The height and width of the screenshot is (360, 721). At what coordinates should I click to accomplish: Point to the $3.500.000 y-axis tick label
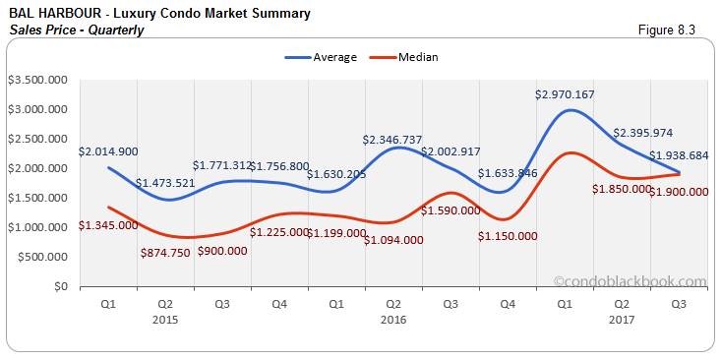(x=37, y=79)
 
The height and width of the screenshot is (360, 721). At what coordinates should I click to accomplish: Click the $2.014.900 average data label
(x=109, y=151)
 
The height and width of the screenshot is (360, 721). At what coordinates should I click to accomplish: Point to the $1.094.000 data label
(x=393, y=239)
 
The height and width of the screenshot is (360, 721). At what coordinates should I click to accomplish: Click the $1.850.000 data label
(x=622, y=189)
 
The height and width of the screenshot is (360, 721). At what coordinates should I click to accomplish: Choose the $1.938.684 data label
(x=679, y=155)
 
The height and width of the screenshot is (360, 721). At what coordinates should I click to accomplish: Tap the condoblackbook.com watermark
(x=630, y=280)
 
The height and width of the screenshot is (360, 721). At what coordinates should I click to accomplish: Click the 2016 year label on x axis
(x=393, y=320)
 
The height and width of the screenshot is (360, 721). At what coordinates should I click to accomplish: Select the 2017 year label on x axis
(x=622, y=320)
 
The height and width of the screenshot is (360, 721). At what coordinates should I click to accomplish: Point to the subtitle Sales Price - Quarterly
(x=76, y=30)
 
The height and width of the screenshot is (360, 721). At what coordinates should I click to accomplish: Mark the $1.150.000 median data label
(x=508, y=236)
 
